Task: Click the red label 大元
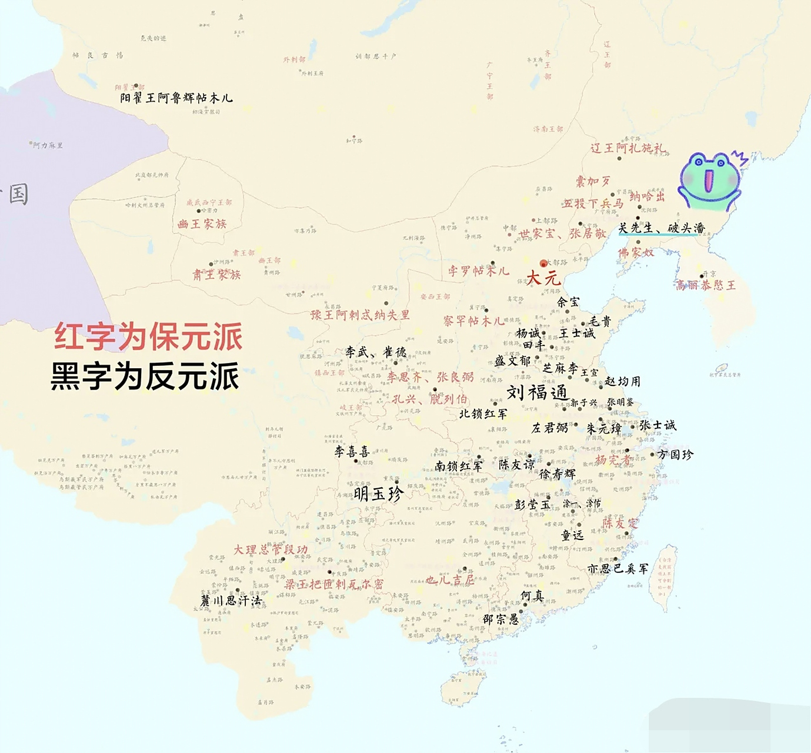point(543,278)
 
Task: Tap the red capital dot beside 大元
point(543,264)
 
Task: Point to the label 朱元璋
point(603,429)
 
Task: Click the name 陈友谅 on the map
point(517,464)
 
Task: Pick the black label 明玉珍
point(379,494)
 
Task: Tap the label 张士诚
point(658,425)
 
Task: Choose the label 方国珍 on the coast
point(675,454)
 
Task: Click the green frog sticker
point(709,180)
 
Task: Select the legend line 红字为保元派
point(148,337)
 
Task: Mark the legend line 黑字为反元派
point(145,376)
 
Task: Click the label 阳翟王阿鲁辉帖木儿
point(176,98)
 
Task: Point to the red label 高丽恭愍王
point(705,285)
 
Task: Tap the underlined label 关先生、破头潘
point(661,228)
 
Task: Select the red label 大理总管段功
point(271,549)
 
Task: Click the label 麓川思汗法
point(231,601)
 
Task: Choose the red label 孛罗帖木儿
point(478,271)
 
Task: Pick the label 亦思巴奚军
point(618,568)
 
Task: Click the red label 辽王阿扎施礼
point(628,148)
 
